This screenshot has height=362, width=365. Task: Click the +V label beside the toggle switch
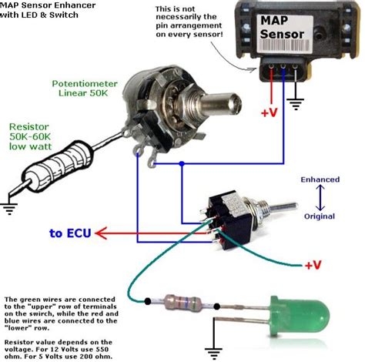312,265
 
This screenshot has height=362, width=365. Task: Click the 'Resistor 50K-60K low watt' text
31,136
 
